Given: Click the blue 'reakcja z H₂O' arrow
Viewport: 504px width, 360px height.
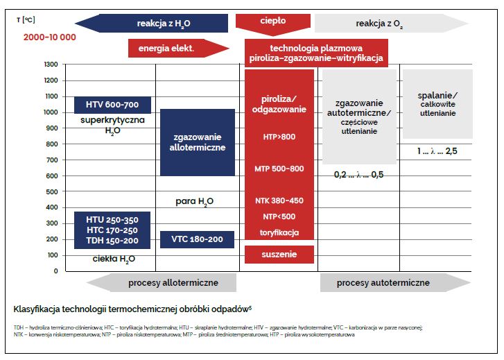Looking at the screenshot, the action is (x=151, y=23).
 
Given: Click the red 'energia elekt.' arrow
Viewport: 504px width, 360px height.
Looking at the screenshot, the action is (x=179, y=49).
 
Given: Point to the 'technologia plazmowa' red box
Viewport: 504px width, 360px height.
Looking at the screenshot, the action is (x=316, y=53).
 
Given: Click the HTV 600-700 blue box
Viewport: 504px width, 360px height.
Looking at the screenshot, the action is (x=112, y=105).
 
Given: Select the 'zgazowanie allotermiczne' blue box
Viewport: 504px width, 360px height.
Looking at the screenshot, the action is (x=198, y=142).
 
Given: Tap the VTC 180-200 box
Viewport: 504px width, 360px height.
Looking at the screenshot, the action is (x=197, y=239).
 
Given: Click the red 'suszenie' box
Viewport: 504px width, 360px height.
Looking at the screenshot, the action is (x=279, y=255).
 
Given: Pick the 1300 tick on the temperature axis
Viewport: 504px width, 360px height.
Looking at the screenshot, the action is (x=51, y=65).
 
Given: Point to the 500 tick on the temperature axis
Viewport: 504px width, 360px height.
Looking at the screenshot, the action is (x=52, y=191).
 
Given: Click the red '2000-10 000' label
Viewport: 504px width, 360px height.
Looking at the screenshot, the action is (x=50, y=37).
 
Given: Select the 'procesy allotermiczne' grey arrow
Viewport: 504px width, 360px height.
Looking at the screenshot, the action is (x=162, y=283).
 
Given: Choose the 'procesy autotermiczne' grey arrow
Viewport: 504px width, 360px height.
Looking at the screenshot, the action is (x=395, y=283).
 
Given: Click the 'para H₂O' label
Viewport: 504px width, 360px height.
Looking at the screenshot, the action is (x=195, y=202).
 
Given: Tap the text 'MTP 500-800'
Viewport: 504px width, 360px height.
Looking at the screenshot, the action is (x=279, y=169).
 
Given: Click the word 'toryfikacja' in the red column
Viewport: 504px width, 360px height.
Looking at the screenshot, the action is (x=279, y=232).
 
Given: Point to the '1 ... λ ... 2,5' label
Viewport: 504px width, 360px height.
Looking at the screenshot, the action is (x=437, y=151).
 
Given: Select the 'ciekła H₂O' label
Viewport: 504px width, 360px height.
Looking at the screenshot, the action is (x=114, y=259).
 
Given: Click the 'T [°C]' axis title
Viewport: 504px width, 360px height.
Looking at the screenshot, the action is (x=26, y=20).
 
